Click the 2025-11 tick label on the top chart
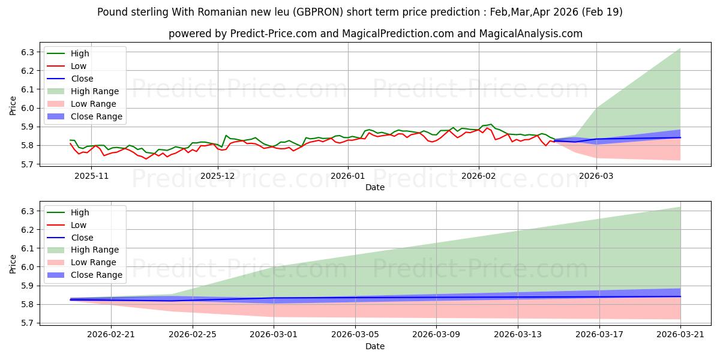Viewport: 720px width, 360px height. click(92, 176)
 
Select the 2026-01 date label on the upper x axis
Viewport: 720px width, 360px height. click(348, 176)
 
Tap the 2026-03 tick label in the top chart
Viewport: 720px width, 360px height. click(596, 176)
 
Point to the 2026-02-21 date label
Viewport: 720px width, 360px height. click(111, 335)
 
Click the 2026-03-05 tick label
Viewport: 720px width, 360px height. click(355, 335)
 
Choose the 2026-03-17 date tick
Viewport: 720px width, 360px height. click(599, 335)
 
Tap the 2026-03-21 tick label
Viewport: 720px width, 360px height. click(680, 335)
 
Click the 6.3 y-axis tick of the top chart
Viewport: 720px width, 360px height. click(28, 52)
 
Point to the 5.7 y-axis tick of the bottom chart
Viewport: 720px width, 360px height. click(28, 323)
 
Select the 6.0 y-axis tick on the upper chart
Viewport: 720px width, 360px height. click(28, 109)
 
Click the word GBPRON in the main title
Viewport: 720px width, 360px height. click(318, 12)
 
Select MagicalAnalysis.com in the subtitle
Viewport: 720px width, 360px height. click(530, 34)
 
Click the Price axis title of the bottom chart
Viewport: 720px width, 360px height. click(13, 264)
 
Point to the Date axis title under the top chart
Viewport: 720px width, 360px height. click(375, 187)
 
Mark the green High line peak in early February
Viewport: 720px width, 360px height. click(491, 124)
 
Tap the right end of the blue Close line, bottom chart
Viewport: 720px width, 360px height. click(680, 296)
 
